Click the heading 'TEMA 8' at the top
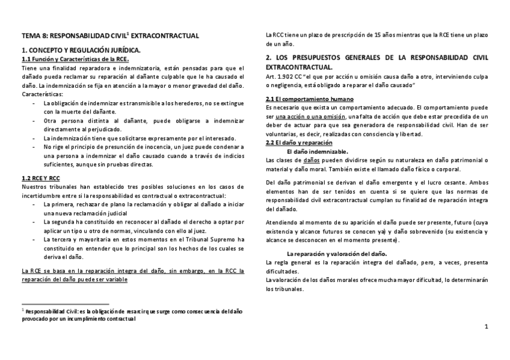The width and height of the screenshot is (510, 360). [34, 36]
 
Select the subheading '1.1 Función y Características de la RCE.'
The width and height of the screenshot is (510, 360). [75, 59]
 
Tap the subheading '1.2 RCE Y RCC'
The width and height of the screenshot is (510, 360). [41, 178]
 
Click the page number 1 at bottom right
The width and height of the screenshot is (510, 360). [486, 326]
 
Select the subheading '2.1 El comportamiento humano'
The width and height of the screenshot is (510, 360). [309, 99]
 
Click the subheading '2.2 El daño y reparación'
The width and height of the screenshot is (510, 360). [299, 142]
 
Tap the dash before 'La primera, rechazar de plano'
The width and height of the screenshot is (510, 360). [34, 204]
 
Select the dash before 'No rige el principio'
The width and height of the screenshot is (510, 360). [34, 146]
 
